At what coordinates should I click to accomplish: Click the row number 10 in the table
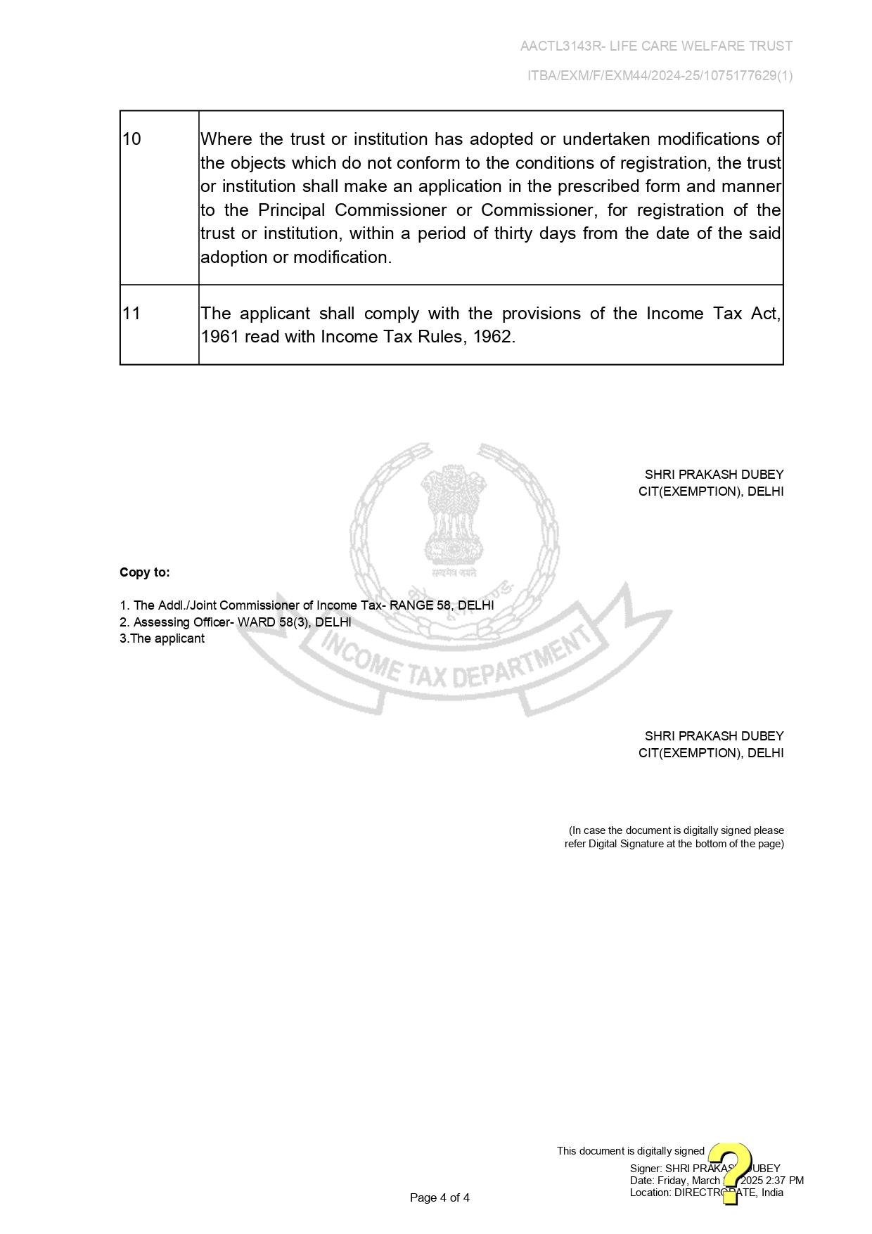click(132, 139)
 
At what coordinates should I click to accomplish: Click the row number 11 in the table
click(132, 314)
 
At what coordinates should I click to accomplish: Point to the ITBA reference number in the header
click(660, 76)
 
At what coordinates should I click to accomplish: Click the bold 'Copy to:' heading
click(145, 572)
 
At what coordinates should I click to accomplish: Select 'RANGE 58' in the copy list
click(420, 605)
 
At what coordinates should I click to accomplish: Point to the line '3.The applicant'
click(162, 638)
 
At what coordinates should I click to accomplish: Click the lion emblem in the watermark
click(454, 517)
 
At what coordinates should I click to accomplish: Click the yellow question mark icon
click(731, 1173)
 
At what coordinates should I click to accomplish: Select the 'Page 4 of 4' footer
click(440, 1197)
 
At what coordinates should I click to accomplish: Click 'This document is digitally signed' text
click(630, 1151)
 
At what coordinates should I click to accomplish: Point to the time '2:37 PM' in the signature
click(785, 1181)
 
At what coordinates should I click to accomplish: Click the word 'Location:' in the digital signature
click(650, 1192)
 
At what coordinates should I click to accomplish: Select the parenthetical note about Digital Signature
click(674, 837)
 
